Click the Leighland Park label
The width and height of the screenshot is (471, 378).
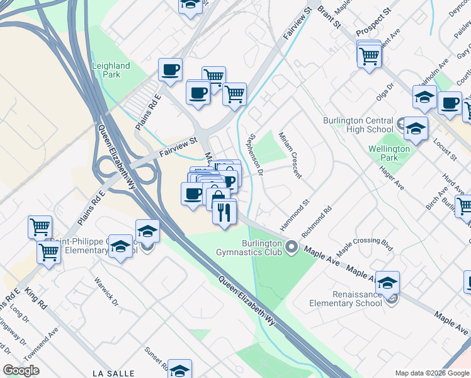(111, 70)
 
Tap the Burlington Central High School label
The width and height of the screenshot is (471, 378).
(357, 125)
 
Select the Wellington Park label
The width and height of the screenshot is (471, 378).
(389, 153)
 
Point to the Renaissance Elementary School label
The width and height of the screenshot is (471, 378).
(345, 298)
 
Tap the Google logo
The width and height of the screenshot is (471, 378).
(21, 370)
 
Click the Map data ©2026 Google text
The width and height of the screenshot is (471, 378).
(432, 373)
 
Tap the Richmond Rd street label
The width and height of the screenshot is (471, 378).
(317, 223)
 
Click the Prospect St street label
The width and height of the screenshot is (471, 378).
(373, 23)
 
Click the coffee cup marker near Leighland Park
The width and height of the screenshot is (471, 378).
(169, 69)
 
